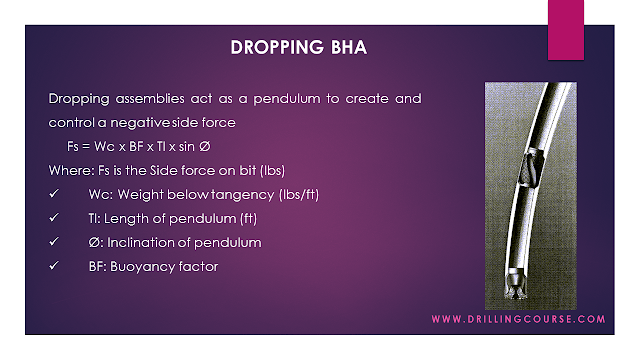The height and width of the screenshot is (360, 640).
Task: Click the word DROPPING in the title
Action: click(x=263, y=48)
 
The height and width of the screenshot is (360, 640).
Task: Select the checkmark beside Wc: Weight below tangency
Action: click(x=53, y=194)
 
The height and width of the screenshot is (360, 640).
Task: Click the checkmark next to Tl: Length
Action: click(x=53, y=218)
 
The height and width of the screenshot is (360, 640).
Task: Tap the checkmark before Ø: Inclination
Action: click(x=53, y=242)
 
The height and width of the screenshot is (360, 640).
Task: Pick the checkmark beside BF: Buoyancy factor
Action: click(x=53, y=266)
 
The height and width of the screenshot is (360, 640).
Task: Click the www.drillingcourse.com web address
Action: click(x=518, y=320)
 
